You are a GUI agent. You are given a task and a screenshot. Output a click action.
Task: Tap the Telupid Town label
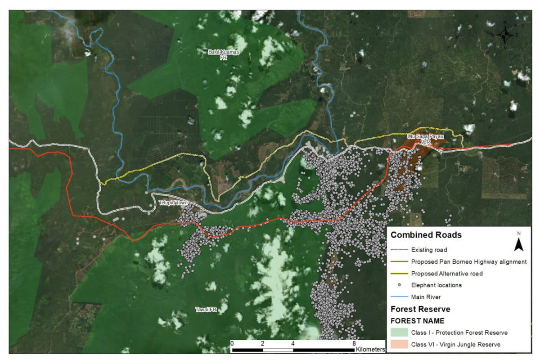173,203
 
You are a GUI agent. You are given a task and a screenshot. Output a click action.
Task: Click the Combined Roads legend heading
426,235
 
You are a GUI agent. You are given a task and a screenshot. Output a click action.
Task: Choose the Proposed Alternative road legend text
447,274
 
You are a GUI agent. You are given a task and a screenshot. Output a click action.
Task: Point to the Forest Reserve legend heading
420,309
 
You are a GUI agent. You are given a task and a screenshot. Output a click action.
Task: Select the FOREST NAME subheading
417,321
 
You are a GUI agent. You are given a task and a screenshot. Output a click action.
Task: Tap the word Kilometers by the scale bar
370,349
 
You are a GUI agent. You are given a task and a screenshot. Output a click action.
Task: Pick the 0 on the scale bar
232,343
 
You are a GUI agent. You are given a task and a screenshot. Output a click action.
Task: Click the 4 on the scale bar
293,343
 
